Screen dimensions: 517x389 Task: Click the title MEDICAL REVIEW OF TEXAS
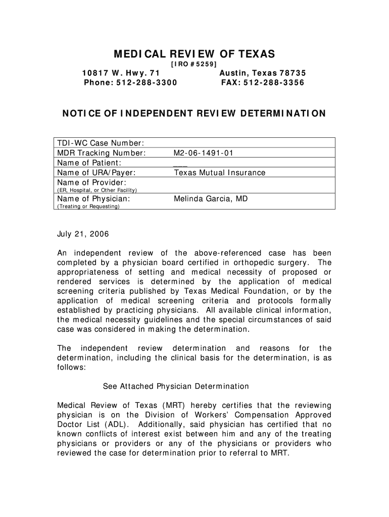coord(194,54)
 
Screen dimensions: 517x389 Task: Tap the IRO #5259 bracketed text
coord(194,64)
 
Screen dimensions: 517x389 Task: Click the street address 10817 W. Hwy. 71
coord(121,73)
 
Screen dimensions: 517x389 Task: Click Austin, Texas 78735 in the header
coord(263,73)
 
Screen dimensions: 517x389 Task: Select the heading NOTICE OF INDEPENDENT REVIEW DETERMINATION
coord(194,114)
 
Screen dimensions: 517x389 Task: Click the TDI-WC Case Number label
coord(101,143)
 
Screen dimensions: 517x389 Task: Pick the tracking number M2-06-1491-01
coord(203,153)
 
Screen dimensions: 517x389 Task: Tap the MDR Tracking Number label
coord(102,153)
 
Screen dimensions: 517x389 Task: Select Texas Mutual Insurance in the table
coord(220,173)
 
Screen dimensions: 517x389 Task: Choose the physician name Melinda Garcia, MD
coord(211,199)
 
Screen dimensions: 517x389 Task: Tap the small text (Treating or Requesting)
coord(88,207)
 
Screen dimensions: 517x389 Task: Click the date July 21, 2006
coord(82,235)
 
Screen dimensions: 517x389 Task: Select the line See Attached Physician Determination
coord(176,386)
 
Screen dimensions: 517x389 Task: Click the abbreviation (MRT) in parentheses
coord(174,405)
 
